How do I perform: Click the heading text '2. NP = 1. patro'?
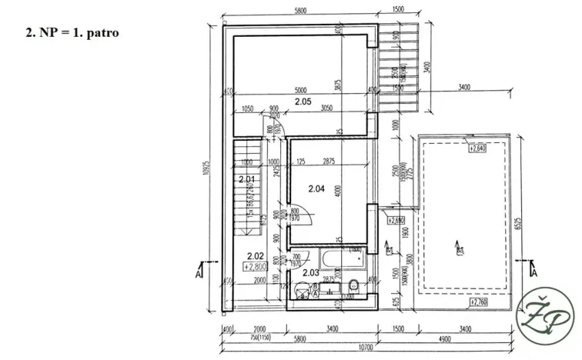point(72,35)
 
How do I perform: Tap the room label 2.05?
point(302,102)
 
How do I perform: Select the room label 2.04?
point(317,188)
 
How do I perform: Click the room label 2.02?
point(255,256)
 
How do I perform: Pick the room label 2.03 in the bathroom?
point(311,272)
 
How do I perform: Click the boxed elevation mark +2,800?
point(256,266)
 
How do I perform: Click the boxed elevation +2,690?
point(396,221)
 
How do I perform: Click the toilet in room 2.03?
point(353,286)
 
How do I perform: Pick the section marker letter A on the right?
point(533,272)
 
